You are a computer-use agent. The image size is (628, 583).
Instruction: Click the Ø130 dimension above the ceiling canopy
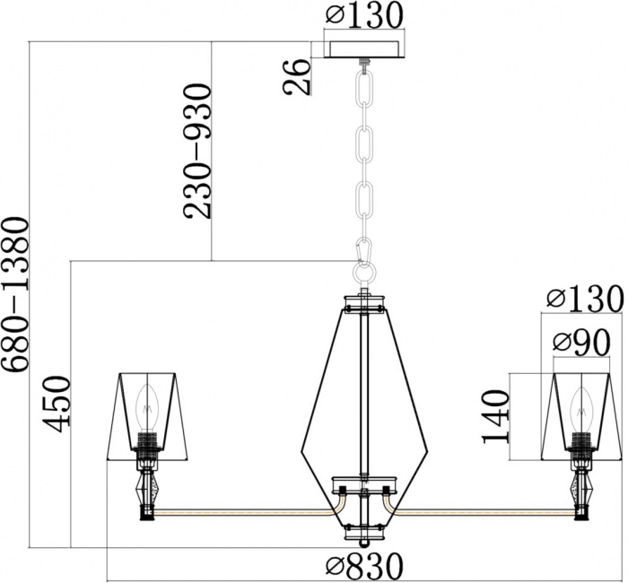pos(363,15)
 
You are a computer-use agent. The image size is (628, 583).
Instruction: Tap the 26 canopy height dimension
pos(297,77)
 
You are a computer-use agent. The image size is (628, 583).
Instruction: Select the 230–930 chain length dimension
pos(197,151)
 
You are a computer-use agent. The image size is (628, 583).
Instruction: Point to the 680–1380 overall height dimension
pos(15,294)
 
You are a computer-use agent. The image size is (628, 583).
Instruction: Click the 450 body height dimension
pos(57,404)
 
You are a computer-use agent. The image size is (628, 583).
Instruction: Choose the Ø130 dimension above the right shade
pos(585,299)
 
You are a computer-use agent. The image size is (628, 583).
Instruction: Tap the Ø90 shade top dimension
pos(581,344)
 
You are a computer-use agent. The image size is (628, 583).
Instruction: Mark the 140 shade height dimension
pos(496,417)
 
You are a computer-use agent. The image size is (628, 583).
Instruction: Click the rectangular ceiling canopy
pos(364,49)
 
